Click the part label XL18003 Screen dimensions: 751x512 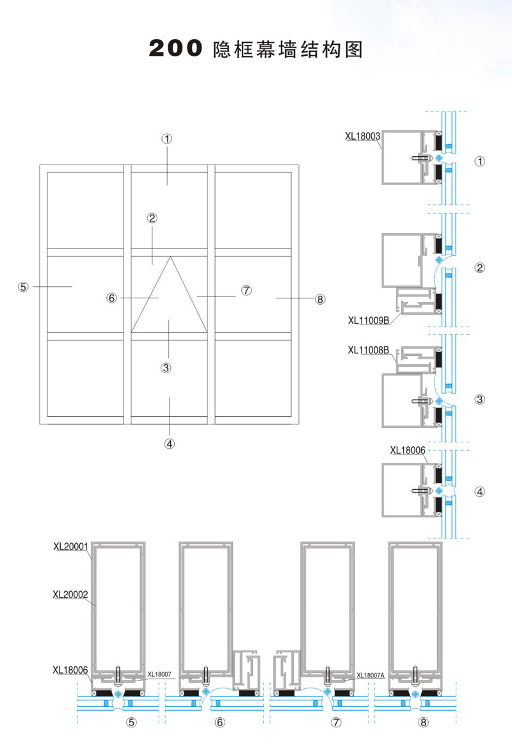(x=363, y=136)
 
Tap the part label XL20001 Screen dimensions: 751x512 (x=71, y=547)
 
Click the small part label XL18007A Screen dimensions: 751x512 (x=370, y=675)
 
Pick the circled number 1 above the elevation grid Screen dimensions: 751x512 (x=168, y=138)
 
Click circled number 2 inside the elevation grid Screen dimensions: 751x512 (x=152, y=218)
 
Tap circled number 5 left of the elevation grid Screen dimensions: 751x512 (x=23, y=287)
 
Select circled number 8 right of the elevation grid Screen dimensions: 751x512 (x=321, y=299)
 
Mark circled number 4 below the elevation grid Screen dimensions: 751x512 (x=169, y=442)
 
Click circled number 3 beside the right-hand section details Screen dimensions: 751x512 (x=480, y=400)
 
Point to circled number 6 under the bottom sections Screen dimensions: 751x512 (x=220, y=723)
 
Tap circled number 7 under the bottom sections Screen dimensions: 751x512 (x=337, y=723)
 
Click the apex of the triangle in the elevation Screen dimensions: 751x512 (x=170, y=257)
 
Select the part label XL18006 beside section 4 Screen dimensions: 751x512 (x=408, y=450)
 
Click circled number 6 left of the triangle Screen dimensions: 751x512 (x=112, y=298)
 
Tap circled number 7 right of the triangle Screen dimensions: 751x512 (x=246, y=290)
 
